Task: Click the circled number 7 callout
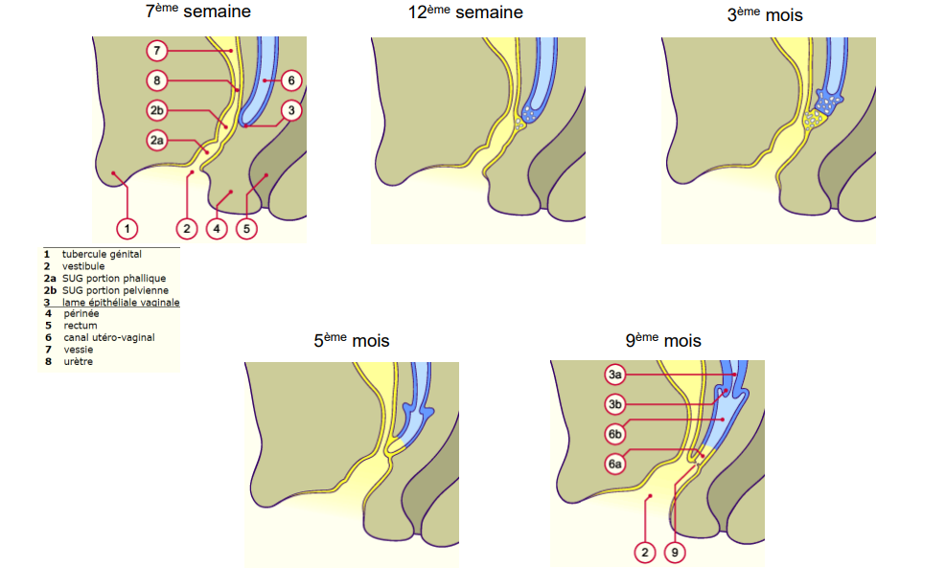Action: click(158, 50)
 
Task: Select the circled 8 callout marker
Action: click(158, 80)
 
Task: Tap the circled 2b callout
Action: click(158, 109)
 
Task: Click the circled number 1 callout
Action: click(127, 228)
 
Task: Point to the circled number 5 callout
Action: click(246, 228)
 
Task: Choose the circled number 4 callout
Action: click(218, 228)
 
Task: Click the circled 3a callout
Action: click(616, 374)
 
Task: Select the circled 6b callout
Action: click(616, 434)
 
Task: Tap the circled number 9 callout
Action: click(675, 552)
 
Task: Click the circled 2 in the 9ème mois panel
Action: click(645, 552)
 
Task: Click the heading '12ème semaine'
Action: click(465, 13)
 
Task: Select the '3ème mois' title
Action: click(764, 14)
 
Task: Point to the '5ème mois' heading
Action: click(352, 341)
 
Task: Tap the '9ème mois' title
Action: click(663, 341)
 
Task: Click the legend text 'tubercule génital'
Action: click(102, 255)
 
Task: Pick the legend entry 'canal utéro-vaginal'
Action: click(109, 337)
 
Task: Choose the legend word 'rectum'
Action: click(82, 326)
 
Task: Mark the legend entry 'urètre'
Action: click(79, 361)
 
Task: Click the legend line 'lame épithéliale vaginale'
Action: click(121, 302)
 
